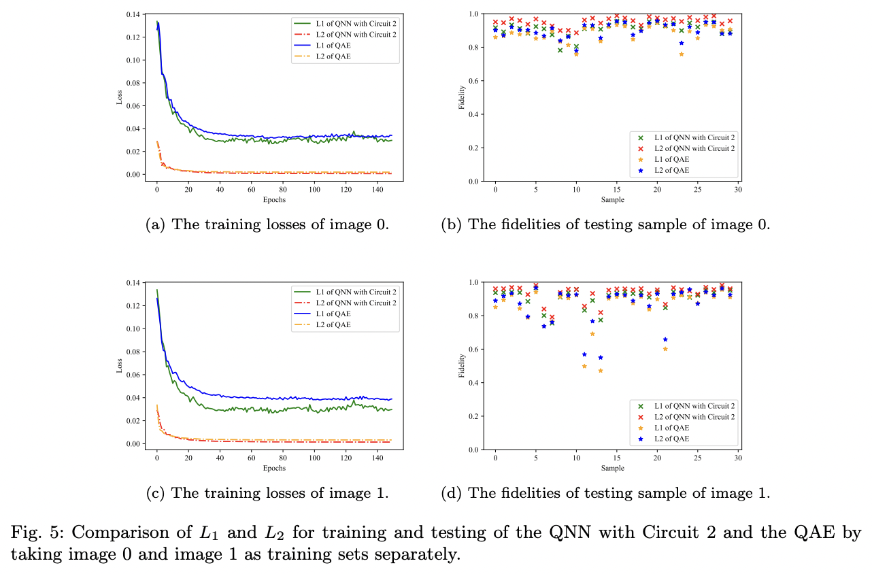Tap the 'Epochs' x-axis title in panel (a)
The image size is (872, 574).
pos(275,200)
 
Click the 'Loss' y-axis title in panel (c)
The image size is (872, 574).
pos(120,365)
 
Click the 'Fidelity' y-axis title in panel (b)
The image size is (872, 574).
pos(463,97)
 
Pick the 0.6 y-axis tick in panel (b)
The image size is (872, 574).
pos(473,81)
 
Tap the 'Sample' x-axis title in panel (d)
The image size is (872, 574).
pos(612,469)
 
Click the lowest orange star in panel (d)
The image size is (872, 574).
pos(600,371)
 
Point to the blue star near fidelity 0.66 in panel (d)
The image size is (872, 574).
pos(665,339)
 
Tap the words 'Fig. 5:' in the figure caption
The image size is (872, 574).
pos(33,533)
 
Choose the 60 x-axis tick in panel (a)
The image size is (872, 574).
pos(251,190)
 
